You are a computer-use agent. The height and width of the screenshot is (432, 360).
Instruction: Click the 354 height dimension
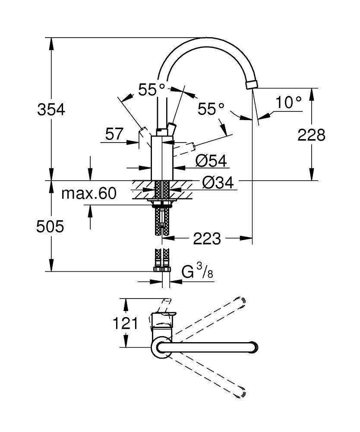51,110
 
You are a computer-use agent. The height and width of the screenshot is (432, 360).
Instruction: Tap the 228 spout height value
311,135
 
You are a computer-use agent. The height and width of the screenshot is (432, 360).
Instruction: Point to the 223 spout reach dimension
207,238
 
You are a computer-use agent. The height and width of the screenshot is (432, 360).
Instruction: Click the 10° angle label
288,102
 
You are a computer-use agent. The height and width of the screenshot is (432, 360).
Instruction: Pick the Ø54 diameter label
211,161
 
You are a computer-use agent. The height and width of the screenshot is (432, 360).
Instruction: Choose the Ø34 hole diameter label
218,183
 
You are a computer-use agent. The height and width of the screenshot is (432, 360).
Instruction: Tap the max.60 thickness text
88,194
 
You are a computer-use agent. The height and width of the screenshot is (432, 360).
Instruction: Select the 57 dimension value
114,134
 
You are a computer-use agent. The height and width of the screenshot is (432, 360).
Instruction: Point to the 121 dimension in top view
126,323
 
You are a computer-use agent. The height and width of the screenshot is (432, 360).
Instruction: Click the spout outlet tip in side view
251,84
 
